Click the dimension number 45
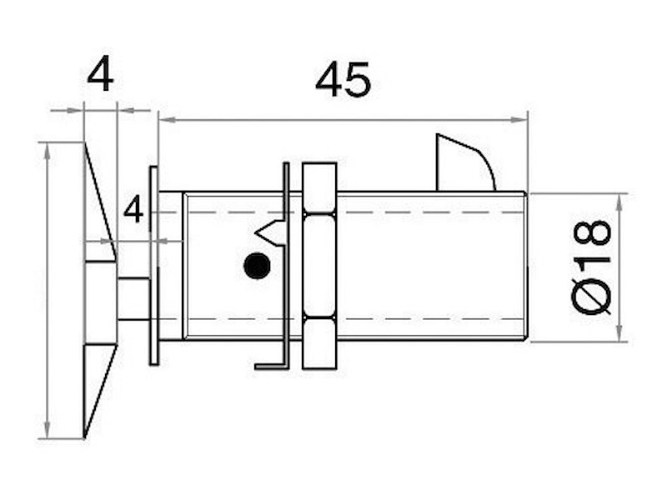343,81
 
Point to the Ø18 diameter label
593,267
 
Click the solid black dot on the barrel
256,267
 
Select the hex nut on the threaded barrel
319,266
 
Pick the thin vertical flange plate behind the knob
153,266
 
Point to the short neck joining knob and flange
133,298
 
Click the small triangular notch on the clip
272,229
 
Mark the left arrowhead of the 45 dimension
163,120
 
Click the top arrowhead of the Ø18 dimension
619,198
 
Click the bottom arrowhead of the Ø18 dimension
619,336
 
